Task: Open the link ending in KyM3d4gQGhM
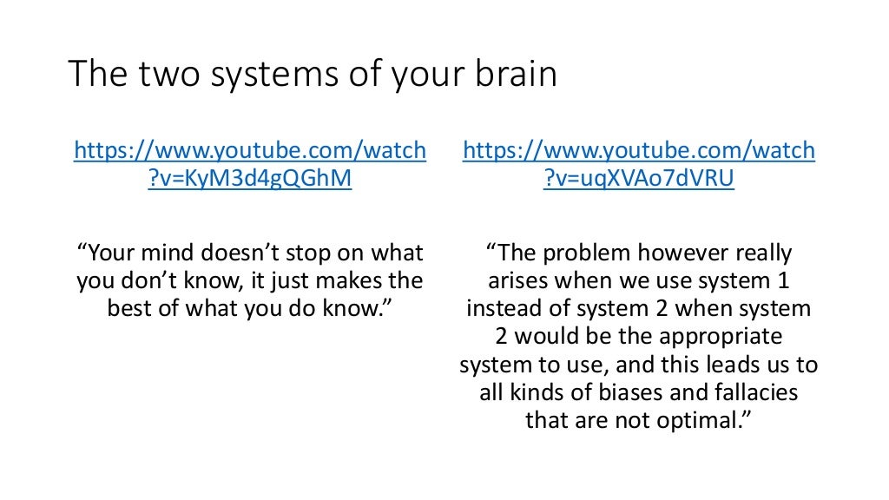pos(250,165)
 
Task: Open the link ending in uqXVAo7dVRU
pos(639,165)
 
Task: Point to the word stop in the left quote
pos(319,253)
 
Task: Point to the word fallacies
pos(754,392)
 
